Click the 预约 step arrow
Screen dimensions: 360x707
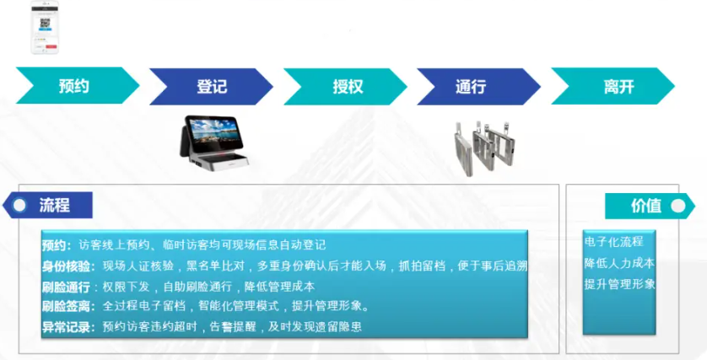coord(74,86)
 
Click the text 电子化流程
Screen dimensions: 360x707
coord(613,242)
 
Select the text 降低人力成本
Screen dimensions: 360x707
coord(619,263)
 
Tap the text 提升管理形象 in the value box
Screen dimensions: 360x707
coord(619,284)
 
